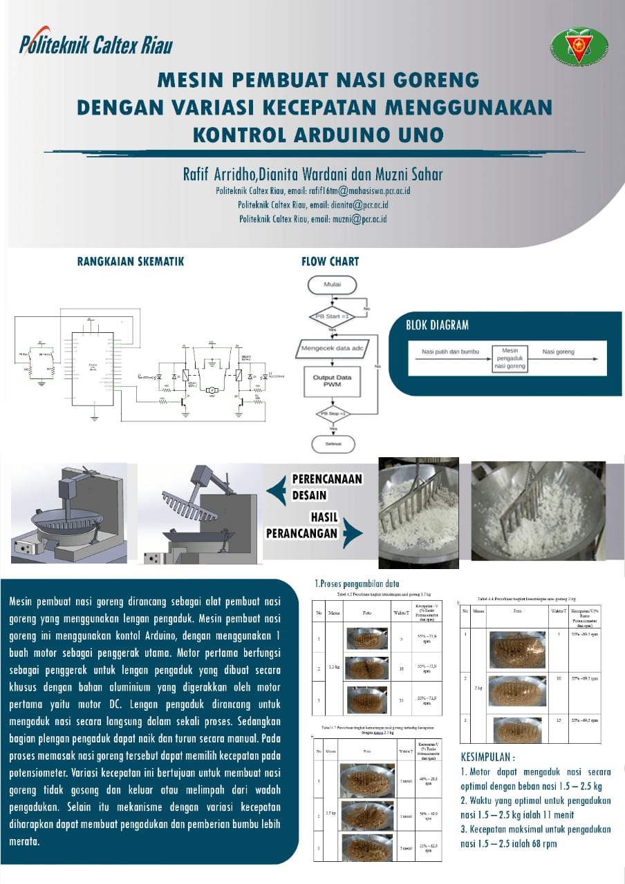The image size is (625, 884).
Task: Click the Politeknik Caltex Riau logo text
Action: pos(96,46)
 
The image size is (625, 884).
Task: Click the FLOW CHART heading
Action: pos(330,262)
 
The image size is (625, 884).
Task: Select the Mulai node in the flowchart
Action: pos(332,285)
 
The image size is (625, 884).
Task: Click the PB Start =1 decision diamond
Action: pos(332,317)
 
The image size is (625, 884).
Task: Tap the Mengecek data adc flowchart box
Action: pos(333,348)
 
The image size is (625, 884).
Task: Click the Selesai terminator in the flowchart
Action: pos(333,444)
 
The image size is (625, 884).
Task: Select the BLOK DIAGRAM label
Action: pos(437,325)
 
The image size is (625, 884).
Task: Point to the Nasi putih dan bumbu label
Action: pos(450,352)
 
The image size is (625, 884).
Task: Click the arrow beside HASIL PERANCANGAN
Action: pos(353,532)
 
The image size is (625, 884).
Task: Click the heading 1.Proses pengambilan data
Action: pos(357,584)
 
